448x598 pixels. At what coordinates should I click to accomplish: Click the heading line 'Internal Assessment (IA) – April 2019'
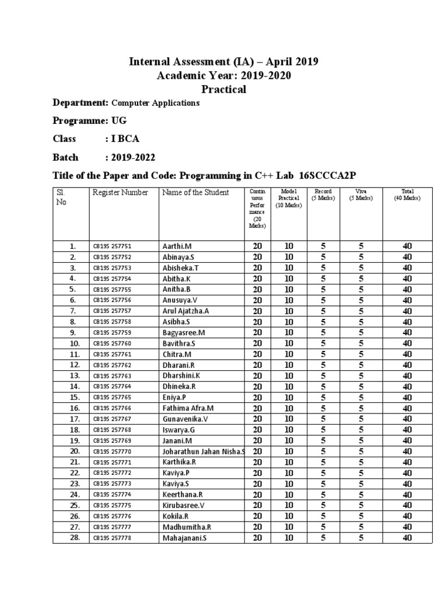(223, 62)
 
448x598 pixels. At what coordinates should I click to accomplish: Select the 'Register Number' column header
(120, 193)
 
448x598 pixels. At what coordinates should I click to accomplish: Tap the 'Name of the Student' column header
(195, 193)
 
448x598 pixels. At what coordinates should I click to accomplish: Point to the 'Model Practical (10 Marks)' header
(289, 199)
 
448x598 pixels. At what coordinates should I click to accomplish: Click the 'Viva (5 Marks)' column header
(361, 194)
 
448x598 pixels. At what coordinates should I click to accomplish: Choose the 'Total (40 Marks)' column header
(407, 194)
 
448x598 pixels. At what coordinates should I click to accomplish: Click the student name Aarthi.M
(177, 246)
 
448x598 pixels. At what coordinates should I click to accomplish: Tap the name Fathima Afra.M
(188, 408)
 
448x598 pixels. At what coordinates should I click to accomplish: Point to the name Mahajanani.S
(184, 538)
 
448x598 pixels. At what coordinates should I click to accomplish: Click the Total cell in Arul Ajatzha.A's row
(407, 311)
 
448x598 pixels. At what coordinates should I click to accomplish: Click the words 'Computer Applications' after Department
(155, 103)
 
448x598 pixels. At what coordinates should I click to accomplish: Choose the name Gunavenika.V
(185, 419)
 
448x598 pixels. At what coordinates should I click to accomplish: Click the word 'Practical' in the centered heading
(223, 89)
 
